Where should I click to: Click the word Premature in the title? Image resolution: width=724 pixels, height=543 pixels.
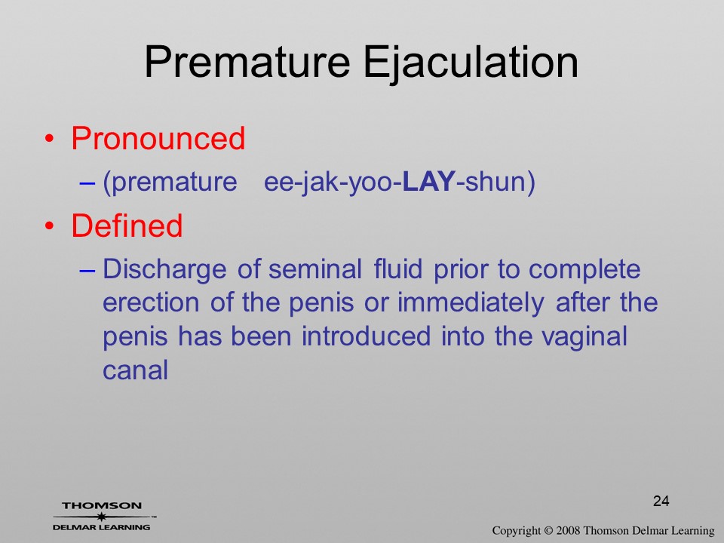click(x=247, y=62)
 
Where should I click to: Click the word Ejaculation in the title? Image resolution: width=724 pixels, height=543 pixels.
click(x=471, y=63)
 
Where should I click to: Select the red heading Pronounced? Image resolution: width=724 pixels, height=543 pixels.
click(x=158, y=138)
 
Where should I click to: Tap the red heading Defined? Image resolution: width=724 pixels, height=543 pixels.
click(x=127, y=225)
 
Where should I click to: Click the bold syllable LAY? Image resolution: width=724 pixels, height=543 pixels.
click(x=429, y=182)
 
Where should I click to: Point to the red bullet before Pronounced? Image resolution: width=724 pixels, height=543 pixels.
click(x=50, y=139)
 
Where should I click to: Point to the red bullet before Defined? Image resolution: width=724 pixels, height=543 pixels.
click(x=50, y=226)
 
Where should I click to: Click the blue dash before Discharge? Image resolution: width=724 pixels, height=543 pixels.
click(x=87, y=271)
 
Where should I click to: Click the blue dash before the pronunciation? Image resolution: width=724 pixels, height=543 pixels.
click(x=87, y=183)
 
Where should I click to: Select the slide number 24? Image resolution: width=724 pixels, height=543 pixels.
click(x=661, y=501)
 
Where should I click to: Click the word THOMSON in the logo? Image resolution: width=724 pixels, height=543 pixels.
click(x=102, y=505)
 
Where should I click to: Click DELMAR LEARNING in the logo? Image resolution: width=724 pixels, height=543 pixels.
click(x=102, y=527)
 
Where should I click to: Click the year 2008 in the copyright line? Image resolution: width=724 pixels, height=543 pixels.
click(x=568, y=530)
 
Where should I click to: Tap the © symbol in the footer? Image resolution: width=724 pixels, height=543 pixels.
click(x=548, y=530)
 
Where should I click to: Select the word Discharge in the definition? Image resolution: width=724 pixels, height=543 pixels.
click(x=164, y=270)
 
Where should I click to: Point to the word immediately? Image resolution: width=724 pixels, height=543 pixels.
click(x=471, y=304)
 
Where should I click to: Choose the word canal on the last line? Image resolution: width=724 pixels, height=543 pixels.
click(x=135, y=370)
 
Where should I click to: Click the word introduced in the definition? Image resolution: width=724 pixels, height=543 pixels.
click(x=367, y=336)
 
